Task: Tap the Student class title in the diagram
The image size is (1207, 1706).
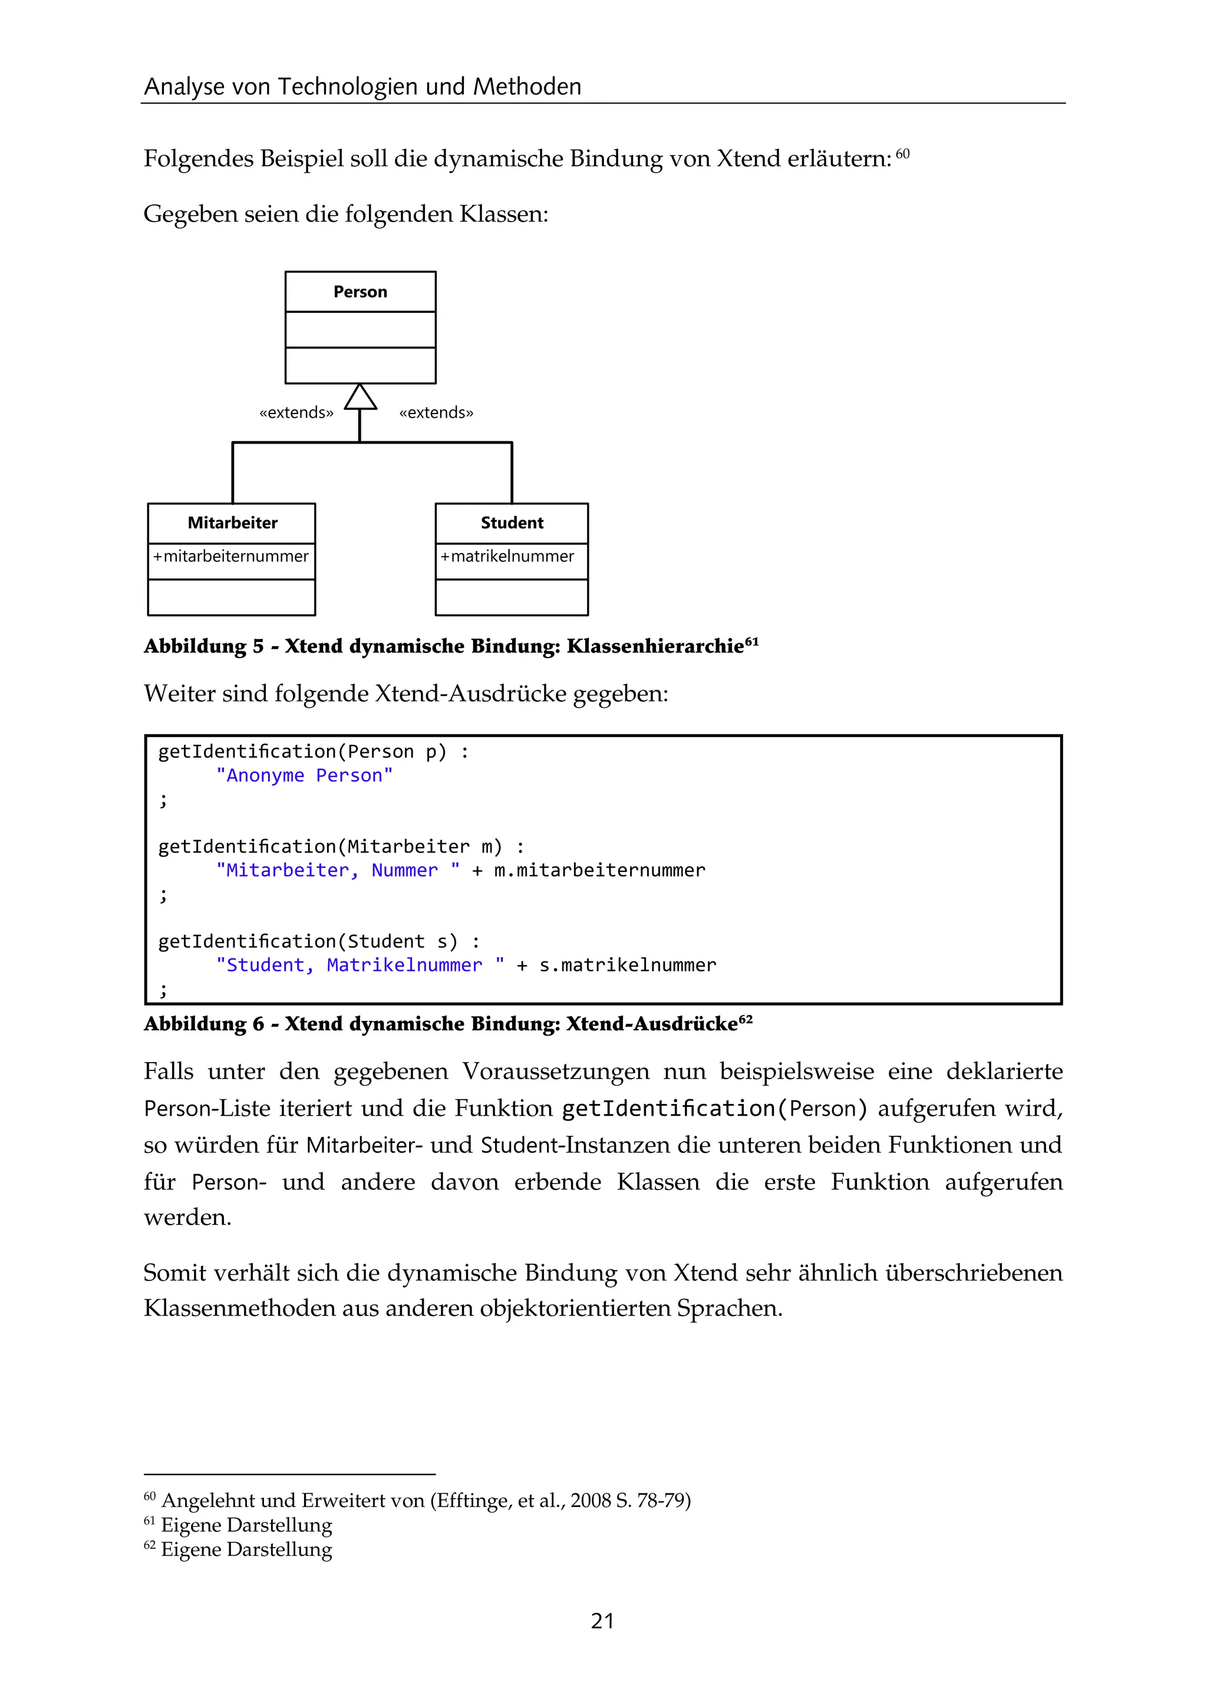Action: click(512, 523)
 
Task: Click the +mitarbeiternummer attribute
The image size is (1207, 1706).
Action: click(230, 557)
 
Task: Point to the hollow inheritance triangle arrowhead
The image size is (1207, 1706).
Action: click(361, 398)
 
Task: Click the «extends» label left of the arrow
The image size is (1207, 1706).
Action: click(296, 413)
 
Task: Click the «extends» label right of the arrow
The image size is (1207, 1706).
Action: click(436, 413)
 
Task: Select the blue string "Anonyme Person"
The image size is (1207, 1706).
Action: click(304, 776)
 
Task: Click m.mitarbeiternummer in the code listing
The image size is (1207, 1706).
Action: click(599, 871)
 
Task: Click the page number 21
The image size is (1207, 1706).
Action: click(602, 1621)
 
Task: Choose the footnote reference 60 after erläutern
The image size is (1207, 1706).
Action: click(902, 154)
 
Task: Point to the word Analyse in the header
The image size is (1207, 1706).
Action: click(183, 87)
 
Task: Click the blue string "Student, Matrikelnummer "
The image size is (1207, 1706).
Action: click(360, 966)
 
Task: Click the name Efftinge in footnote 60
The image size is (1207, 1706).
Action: click(470, 1501)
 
